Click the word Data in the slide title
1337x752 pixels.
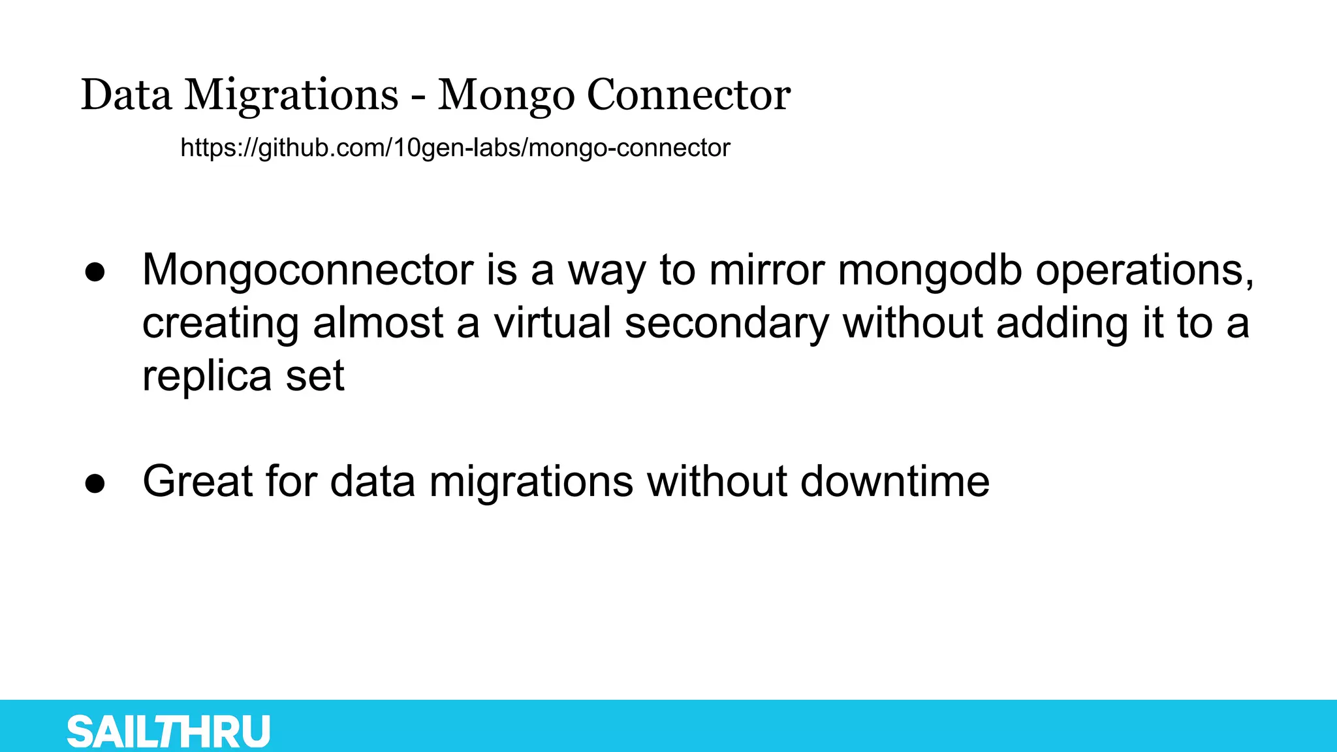point(127,95)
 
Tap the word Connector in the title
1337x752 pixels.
point(689,95)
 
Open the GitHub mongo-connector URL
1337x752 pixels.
point(455,148)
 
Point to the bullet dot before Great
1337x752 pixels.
point(95,484)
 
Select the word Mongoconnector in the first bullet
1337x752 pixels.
point(307,270)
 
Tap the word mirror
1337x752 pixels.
point(766,270)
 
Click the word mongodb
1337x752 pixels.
point(930,270)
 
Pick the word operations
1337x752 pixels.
point(1144,270)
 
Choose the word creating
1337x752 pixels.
point(221,323)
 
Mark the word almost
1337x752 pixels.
point(378,323)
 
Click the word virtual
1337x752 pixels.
point(552,323)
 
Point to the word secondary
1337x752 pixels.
point(727,323)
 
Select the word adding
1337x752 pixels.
point(1062,323)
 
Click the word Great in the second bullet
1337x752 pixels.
point(198,482)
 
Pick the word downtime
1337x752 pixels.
point(894,482)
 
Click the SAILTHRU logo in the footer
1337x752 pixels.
point(168,731)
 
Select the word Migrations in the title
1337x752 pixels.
point(291,95)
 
